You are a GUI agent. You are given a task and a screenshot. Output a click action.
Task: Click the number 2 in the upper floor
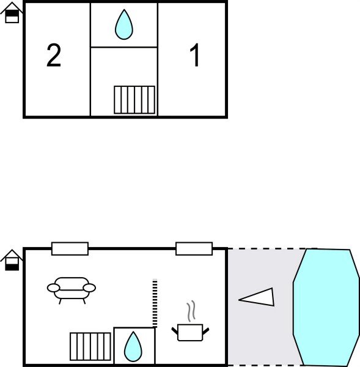point(54,56)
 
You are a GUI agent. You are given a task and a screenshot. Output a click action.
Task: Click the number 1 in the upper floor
point(195,56)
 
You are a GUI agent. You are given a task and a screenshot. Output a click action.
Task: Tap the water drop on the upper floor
point(124,24)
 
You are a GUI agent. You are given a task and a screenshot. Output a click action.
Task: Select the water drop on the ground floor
point(133,347)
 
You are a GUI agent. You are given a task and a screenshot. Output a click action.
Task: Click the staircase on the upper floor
point(134,100)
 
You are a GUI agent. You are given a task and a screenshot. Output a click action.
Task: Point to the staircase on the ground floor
point(90,346)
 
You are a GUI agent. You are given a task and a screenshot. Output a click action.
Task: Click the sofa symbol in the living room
point(72,289)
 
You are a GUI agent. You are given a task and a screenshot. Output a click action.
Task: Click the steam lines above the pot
point(192,311)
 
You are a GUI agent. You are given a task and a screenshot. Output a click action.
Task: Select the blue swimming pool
point(326,307)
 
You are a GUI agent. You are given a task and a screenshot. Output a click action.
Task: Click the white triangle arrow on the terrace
point(258,297)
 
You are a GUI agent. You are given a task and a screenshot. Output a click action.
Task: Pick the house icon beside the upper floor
point(12,12)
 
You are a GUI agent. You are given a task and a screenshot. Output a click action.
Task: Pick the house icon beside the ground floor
point(12,260)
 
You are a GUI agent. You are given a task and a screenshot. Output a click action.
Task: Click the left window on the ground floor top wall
point(70,248)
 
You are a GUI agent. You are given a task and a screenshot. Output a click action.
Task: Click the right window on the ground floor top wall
point(194,248)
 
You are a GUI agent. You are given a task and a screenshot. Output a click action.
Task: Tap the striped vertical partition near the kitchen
point(155,303)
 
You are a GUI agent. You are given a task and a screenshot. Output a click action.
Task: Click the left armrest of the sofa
point(53,287)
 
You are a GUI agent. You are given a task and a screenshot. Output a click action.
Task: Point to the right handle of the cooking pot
point(205,331)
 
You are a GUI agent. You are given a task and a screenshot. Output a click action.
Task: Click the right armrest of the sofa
point(90,287)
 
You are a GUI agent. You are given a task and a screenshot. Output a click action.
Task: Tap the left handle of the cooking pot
point(175,331)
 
